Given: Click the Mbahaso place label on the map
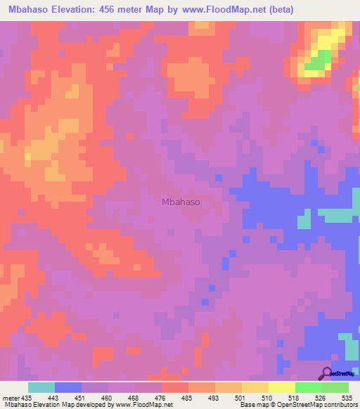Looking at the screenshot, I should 181,202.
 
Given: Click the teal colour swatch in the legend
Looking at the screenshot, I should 41,387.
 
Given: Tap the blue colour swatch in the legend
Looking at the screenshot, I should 68,387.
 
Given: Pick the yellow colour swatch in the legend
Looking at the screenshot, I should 282,387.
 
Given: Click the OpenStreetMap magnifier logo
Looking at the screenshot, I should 328,372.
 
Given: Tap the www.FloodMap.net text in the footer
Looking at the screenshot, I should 143,405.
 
